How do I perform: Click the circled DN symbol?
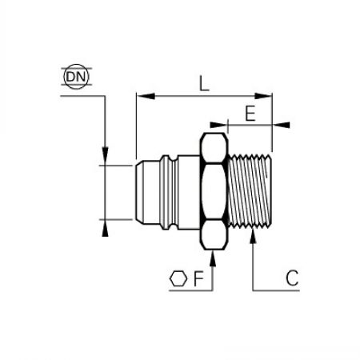[76, 77]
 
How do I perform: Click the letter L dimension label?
[204, 83]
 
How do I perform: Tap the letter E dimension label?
[250, 114]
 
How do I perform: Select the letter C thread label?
[292, 278]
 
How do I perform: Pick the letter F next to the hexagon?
[198, 278]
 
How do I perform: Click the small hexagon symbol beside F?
[178, 279]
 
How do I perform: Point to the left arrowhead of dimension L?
[146, 96]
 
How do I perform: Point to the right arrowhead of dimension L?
[263, 96]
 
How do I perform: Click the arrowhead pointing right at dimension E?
[218, 125]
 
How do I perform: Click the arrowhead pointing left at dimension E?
[281, 125]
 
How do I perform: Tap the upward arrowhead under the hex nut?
[213, 258]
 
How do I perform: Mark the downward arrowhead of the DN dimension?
[106, 156]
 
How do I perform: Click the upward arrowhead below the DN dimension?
[106, 228]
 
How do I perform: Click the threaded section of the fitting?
[250, 191]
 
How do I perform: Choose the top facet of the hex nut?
[214, 148]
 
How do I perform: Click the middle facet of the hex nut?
[214, 191]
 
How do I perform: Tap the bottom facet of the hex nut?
[214, 234]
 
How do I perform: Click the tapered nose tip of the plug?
[139, 192]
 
